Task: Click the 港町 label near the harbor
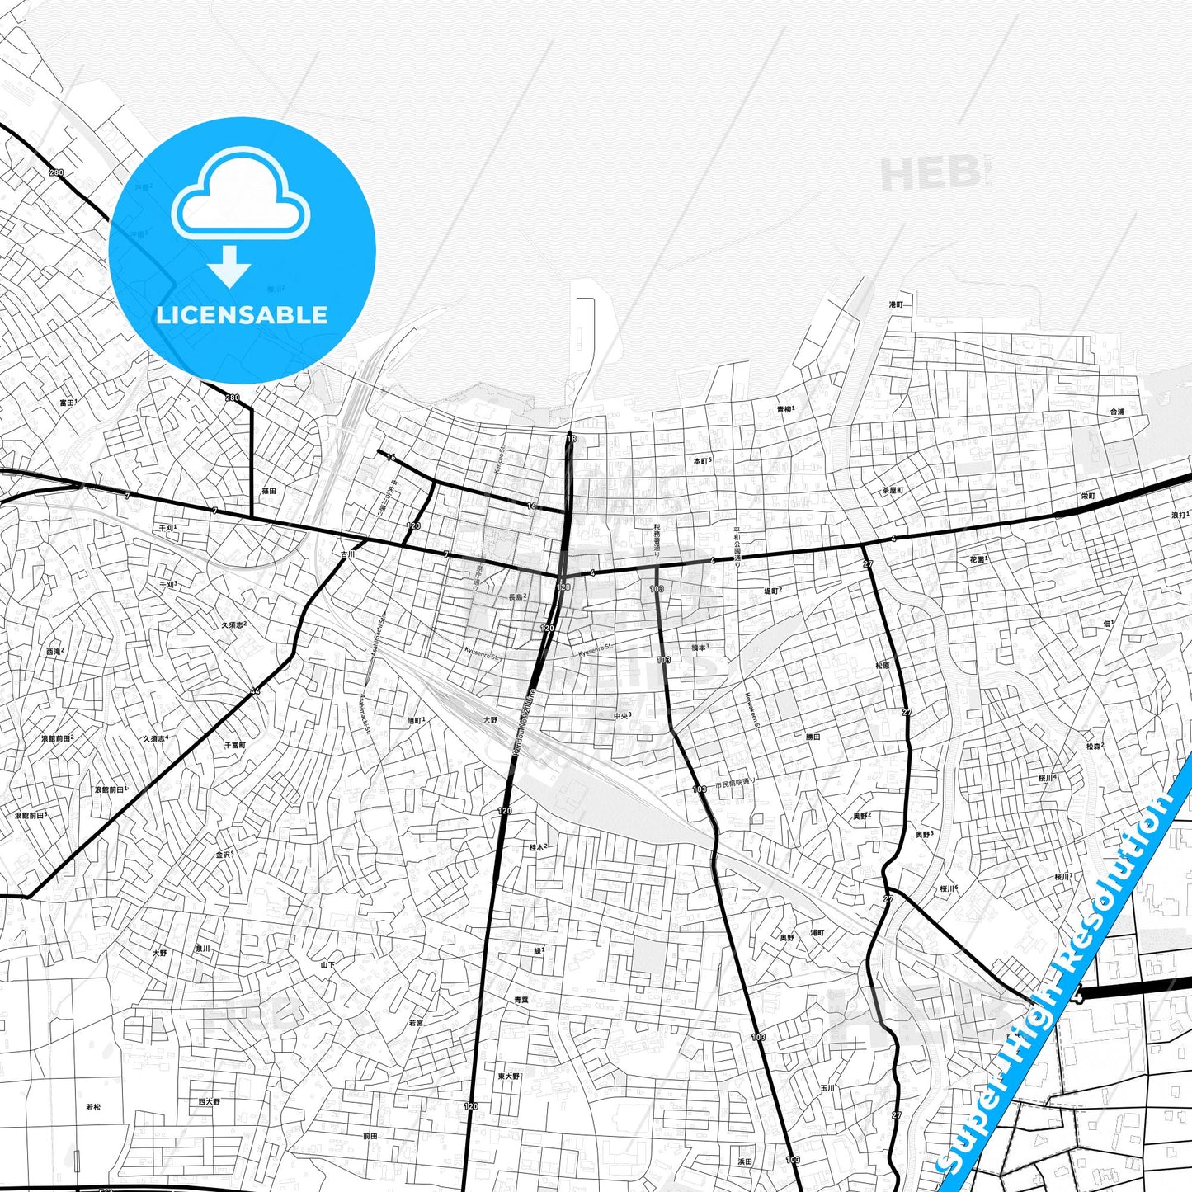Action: coord(896,304)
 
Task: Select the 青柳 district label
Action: coord(784,410)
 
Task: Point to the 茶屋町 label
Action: coord(893,490)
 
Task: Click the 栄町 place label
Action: coord(1088,497)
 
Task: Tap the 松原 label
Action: coord(883,665)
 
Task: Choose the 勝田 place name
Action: coord(813,737)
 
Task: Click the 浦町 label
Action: coord(817,933)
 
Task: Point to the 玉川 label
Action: coord(827,1088)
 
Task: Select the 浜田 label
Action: coord(745,1161)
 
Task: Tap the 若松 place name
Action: coord(94,1107)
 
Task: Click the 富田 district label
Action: coord(67,403)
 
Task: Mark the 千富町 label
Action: coord(235,744)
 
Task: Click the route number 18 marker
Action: coord(571,438)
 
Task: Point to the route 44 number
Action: coord(254,690)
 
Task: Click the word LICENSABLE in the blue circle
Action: coord(242,315)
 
